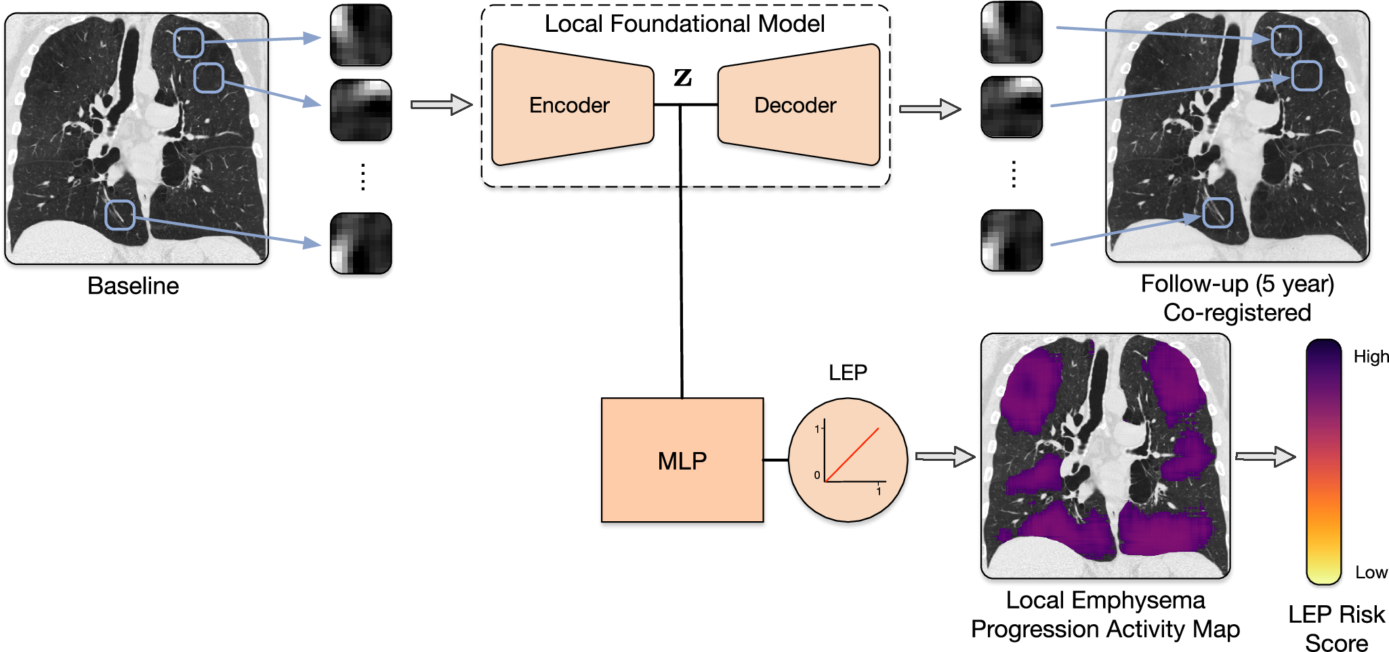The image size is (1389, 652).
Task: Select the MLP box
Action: pyautogui.click(x=682, y=460)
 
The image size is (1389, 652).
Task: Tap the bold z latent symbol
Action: pyautogui.click(x=682, y=77)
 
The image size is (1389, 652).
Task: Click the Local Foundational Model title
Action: pyautogui.click(x=684, y=24)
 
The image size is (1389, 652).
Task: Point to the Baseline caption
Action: pyautogui.click(x=133, y=286)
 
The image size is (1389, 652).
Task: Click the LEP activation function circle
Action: pyautogui.click(x=848, y=460)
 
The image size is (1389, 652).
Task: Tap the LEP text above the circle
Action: pyautogui.click(x=848, y=372)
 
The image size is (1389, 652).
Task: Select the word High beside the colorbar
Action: pyautogui.click(x=1371, y=356)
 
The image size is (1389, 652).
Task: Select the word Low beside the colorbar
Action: pyautogui.click(x=1371, y=573)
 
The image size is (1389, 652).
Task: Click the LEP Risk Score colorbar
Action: pyautogui.click(x=1323, y=461)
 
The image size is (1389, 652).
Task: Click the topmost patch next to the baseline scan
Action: pyautogui.click(x=360, y=35)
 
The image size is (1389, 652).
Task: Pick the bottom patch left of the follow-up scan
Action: pyautogui.click(x=1012, y=241)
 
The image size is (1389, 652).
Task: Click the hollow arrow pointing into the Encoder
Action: pyautogui.click(x=441, y=104)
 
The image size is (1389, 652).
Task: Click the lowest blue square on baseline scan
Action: pyautogui.click(x=120, y=215)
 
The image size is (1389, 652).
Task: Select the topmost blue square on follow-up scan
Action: pyautogui.click(x=1285, y=41)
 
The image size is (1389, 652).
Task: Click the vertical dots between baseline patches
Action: pyautogui.click(x=363, y=177)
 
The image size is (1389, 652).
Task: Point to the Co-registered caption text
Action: pyautogui.click(x=1237, y=312)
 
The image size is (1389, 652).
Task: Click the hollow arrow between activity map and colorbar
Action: pyautogui.click(x=1265, y=456)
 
